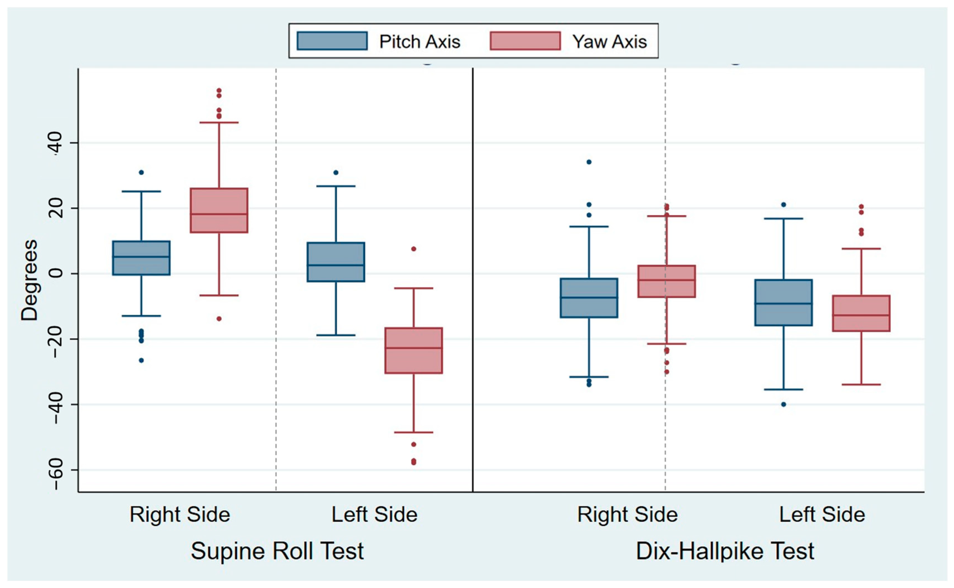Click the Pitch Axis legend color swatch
(332, 41)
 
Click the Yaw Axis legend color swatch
(525, 41)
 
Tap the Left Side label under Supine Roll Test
(374, 514)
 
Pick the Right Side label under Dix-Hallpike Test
(627, 514)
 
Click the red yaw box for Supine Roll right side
(219, 211)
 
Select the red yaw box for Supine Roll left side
(414, 350)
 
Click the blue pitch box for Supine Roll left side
(336, 262)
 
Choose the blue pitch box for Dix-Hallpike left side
(784, 303)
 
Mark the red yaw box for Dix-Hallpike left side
(861, 313)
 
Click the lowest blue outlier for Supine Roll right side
(141, 361)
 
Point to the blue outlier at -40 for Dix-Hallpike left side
(784, 404)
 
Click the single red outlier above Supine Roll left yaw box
(414, 249)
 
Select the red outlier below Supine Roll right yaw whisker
(219, 319)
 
